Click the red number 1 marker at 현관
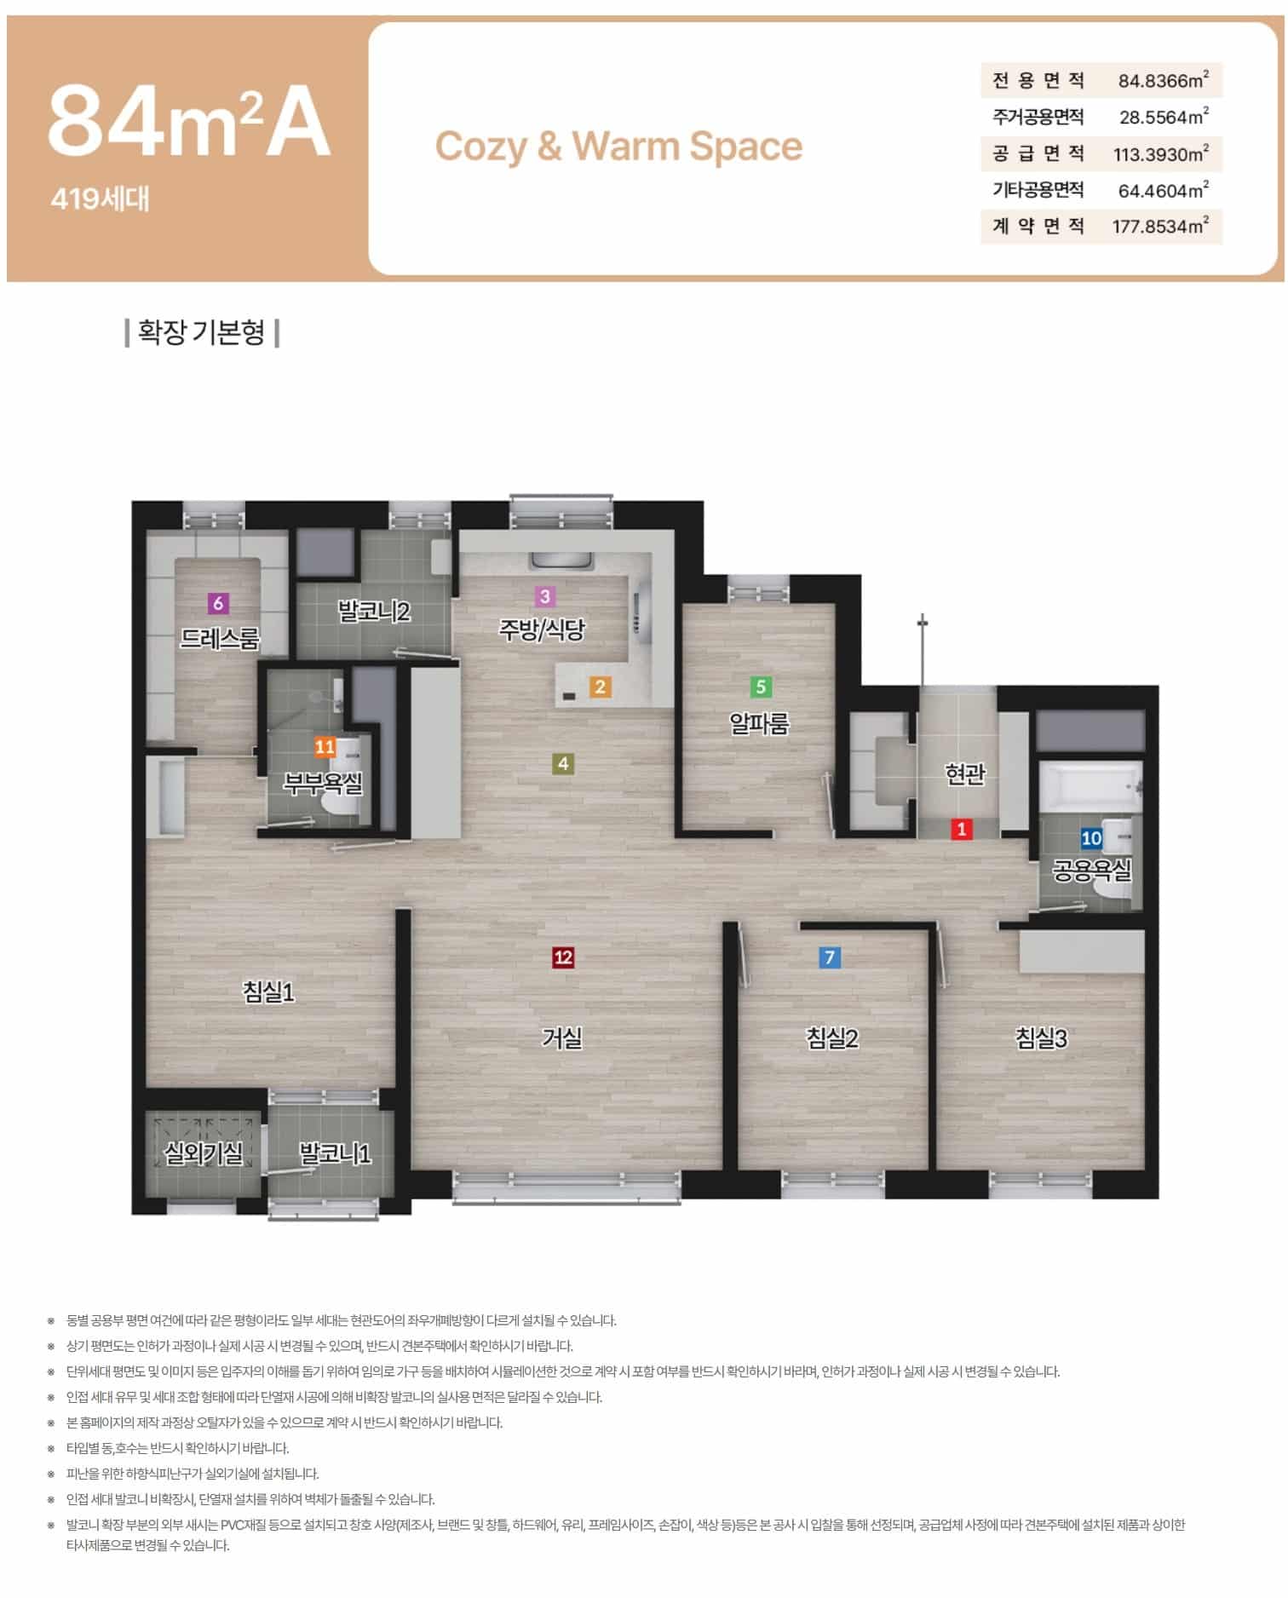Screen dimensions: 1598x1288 click(x=962, y=829)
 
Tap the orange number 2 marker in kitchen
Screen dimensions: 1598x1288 click(x=600, y=687)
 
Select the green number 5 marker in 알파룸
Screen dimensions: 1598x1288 click(x=761, y=687)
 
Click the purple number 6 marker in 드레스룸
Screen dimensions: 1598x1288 click(x=218, y=603)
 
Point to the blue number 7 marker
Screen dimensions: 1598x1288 click(x=830, y=957)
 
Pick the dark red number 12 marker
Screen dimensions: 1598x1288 click(x=563, y=957)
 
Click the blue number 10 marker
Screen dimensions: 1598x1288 click(x=1091, y=838)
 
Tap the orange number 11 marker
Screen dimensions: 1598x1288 click(x=325, y=747)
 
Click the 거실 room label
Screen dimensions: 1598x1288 click(x=563, y=1038)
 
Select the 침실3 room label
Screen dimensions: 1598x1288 click(x=1041, y=1038)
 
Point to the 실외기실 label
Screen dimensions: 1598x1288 click(x=204, y=1153)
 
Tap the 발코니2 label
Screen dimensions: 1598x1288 click(x=374, y=611)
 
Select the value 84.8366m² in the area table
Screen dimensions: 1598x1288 click(x=1163, y=81)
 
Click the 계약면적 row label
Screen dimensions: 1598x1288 click(x=1038, y=227)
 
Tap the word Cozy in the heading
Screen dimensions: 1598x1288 click(x=481, y=147)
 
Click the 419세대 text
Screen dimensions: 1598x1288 click(x=100, y=199)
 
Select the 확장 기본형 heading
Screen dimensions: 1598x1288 click(x=202, y=332)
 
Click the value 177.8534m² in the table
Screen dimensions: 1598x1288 click(x=1160, y=227)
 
